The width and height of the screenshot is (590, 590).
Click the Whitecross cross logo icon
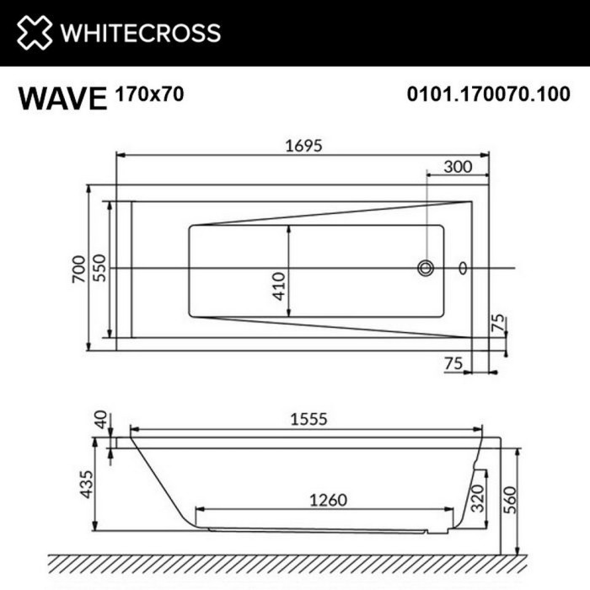pos(34,33)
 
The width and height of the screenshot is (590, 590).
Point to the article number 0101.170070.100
pos(488,95)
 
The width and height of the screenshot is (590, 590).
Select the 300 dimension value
pos(457,167)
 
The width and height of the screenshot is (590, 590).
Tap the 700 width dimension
pos(79,268)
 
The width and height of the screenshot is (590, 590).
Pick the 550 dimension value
pos(100,268)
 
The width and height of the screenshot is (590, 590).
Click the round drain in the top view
pos(426,268)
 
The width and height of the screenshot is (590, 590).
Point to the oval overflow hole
pos(461,268)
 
